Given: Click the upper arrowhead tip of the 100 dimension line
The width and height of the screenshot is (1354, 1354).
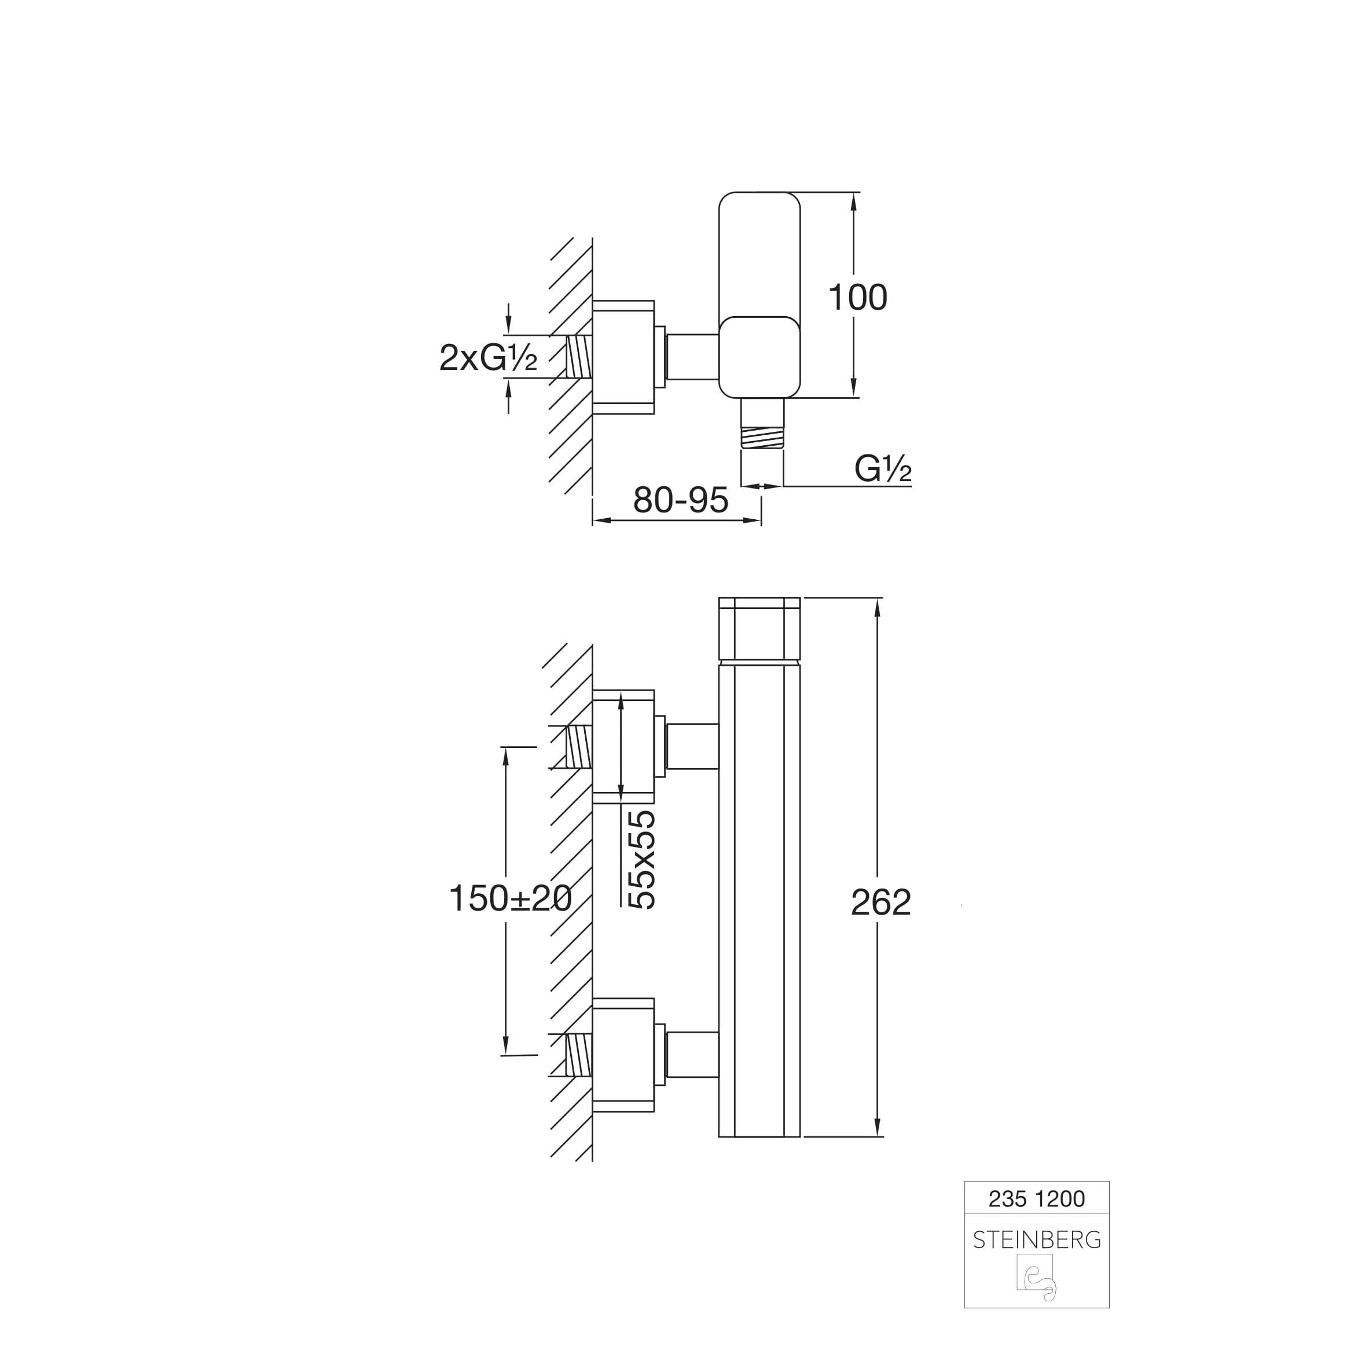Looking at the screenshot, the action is click(854, 193).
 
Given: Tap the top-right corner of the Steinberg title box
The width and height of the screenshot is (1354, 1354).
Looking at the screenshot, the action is click(1109, 1181).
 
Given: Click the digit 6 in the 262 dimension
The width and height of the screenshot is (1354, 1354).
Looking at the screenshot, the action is click(881, 902).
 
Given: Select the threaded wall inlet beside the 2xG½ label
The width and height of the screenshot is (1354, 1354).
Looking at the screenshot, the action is click(579, 357).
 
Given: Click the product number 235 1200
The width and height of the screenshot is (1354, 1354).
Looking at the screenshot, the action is click(1037, 1199).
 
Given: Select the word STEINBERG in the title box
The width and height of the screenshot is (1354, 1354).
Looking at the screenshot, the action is click(1037, 1240).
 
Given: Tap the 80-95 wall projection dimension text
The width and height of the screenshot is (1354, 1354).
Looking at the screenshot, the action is click(681, 500).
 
